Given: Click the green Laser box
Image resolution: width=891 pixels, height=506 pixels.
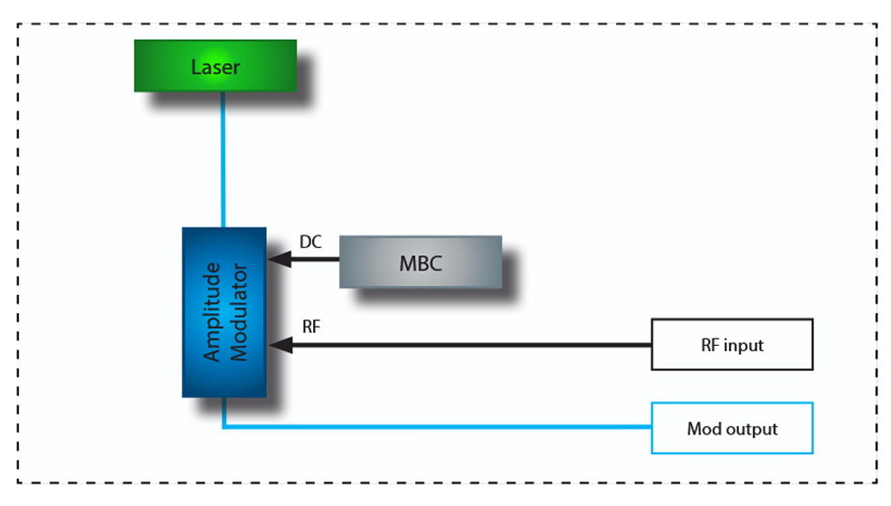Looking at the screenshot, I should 215,66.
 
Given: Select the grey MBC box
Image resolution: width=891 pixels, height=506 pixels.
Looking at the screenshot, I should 421,263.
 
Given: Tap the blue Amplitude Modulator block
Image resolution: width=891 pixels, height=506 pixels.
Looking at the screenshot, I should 224,312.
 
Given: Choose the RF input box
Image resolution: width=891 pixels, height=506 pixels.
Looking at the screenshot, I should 732,345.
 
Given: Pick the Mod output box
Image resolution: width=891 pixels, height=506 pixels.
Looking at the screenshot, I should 732,428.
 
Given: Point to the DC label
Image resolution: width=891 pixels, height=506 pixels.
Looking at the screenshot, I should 310,243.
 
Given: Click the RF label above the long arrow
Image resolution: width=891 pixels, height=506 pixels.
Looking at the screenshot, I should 310,327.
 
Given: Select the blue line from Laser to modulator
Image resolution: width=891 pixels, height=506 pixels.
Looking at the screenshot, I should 223,158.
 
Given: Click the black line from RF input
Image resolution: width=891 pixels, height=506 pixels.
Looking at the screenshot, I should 470,345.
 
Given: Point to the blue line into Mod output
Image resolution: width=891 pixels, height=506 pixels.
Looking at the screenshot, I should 434,427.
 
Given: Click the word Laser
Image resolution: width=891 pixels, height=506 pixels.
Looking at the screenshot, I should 215,67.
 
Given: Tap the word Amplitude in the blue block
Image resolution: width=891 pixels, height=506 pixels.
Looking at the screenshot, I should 213,312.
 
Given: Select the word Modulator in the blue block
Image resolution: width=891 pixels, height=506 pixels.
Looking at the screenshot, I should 239,312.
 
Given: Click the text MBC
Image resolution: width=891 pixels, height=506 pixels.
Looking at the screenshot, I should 421,263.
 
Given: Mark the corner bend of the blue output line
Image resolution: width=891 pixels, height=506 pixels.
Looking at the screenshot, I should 223,427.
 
